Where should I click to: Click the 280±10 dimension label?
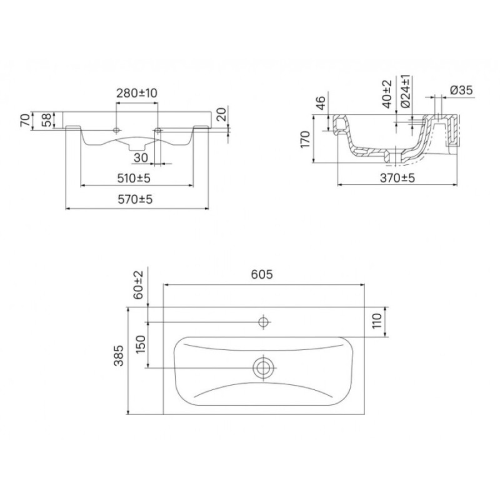[x=136, y=93]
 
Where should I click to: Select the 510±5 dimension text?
[x=134, y=178]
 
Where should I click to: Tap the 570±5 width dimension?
[x=135, y=199]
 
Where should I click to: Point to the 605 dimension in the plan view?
[x=262, y=274]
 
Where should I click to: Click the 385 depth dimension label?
[x=119, y=356]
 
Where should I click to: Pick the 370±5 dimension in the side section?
[x=397, y=178]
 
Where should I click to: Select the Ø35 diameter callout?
[x=461, y=90]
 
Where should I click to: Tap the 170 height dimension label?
[x=305, y=139]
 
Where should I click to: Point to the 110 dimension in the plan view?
[x=377, y=321]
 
